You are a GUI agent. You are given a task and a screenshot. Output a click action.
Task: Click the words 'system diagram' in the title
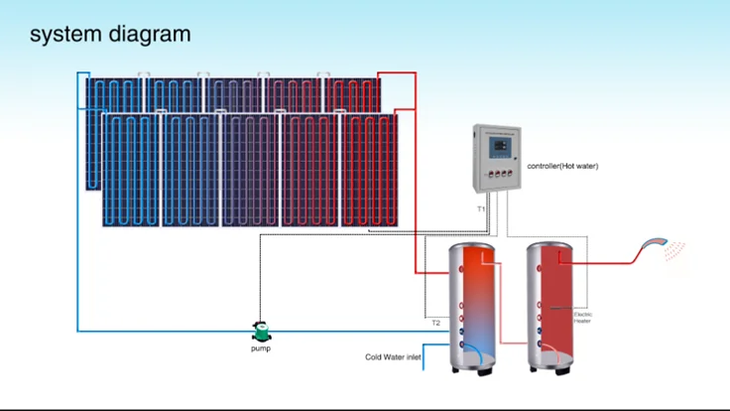pyautogui.click(x=110, y=34)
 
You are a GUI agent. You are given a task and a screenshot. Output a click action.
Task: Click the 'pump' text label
pyautogui.click(x=260, y=348)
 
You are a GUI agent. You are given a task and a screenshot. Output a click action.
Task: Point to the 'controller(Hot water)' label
pyautogui.click(x=562, y=166)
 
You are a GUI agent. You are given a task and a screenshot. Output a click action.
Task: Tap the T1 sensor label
pyautogui.click(x=481, y=209)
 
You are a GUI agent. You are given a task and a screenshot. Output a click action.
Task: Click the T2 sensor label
pyautogui.click(x=435, y=323)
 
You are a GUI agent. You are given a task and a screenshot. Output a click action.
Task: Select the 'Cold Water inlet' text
pyautogui.click(x=394, y=356)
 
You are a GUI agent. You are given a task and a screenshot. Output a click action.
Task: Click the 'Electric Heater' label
pyautogui.click(x=583, y=317)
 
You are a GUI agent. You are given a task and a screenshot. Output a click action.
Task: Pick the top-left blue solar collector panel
pyautogui.click(x=114, y=95)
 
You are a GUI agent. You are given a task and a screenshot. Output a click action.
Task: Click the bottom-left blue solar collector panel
pyautogui.click(x=131, y=169)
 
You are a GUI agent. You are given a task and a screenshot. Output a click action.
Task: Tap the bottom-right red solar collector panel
pyautogui.click(x=369, y=169)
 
